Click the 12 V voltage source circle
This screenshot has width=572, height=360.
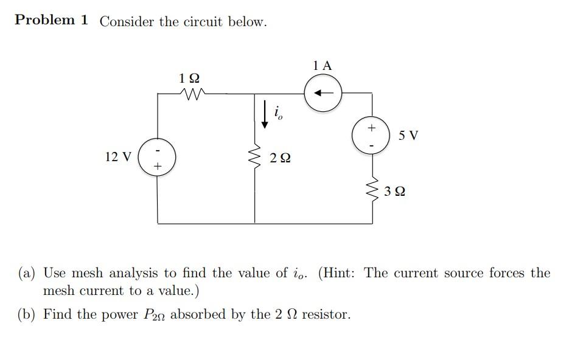pos(158,157)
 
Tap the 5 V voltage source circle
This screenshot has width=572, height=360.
pos(371,136)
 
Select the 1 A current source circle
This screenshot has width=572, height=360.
pos(323,93)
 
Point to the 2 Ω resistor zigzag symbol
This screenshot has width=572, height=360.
pos(255,160)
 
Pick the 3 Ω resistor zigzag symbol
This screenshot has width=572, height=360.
pos(372,192)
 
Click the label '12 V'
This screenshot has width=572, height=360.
pos(117,157)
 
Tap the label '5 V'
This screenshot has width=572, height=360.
pos(408,135)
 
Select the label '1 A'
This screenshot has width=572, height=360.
pos(323,66)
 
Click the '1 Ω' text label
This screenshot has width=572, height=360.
pos(189,78)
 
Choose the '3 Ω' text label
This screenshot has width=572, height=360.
pos(396,192)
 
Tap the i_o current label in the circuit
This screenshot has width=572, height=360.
pos(278,113)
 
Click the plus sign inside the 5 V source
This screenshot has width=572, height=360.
pos(371,128)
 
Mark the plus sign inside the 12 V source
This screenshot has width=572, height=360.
pos(158,165)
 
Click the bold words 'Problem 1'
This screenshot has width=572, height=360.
pos(52,20)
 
